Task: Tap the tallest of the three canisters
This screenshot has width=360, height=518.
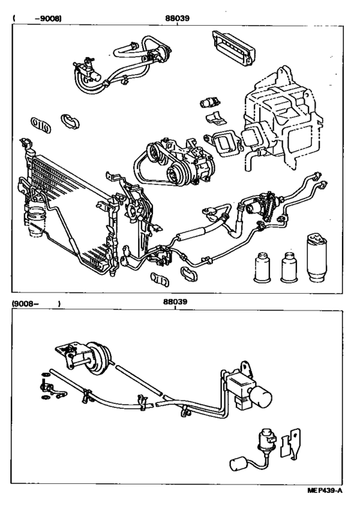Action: [318, 257]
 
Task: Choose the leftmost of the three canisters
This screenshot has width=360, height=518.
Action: [262, 264]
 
